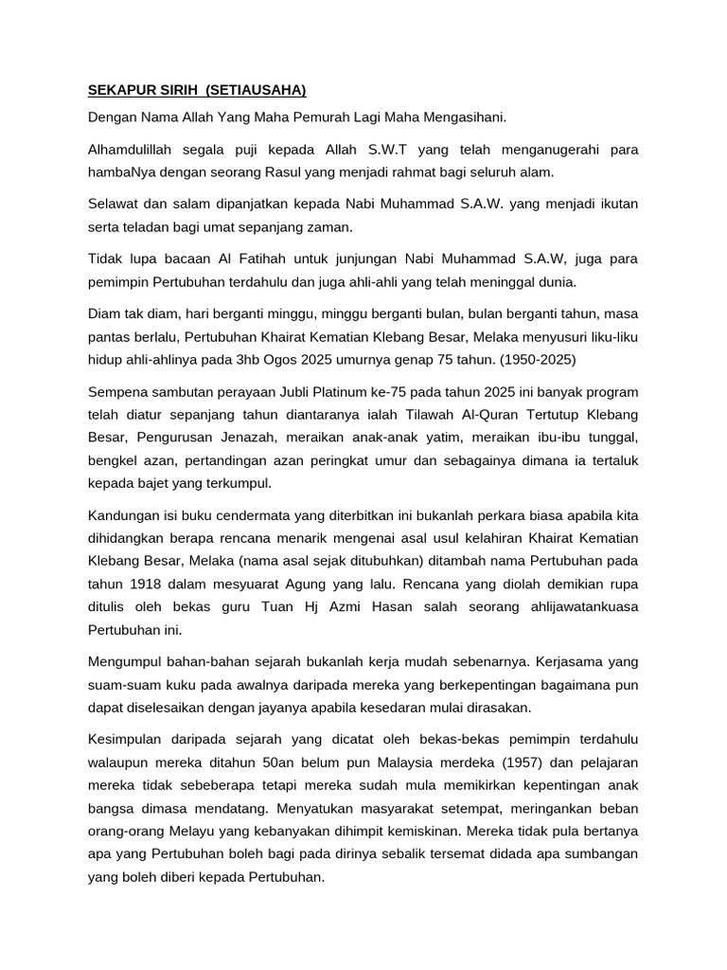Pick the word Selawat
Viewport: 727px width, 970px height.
pos(114,205)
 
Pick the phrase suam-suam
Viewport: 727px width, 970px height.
pos(121,684)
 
